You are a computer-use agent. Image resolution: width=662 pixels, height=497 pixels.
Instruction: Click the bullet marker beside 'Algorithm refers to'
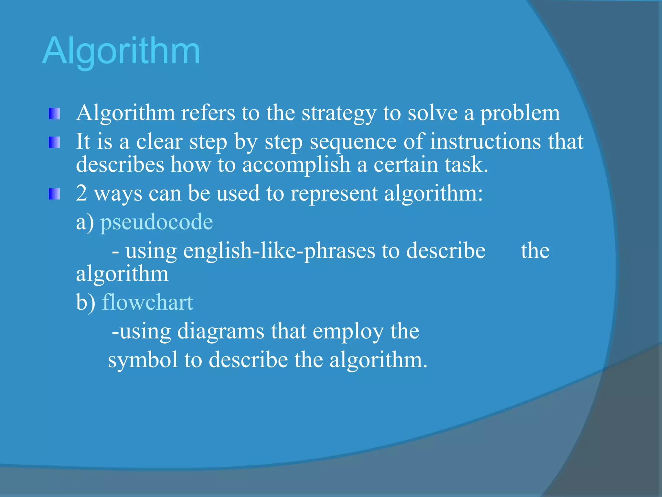point(54,114)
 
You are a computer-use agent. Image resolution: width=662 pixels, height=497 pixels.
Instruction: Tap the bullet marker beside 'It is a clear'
point(54,142)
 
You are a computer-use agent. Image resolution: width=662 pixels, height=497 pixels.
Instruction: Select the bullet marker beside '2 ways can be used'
point(54,194)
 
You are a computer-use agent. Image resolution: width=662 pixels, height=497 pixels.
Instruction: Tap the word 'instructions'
point(485,142)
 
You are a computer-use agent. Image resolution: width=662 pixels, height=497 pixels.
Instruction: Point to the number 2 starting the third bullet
point(81,193)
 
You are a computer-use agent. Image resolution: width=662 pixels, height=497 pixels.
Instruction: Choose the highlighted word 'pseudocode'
point(156,223)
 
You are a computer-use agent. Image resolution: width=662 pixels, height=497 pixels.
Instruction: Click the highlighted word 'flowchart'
point(147,302)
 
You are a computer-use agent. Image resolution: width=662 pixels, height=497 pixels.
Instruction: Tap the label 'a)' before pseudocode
point(85,223)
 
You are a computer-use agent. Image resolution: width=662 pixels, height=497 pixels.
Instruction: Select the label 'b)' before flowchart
point(86,302)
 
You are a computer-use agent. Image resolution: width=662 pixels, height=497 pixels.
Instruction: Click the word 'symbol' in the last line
point(143,360)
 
